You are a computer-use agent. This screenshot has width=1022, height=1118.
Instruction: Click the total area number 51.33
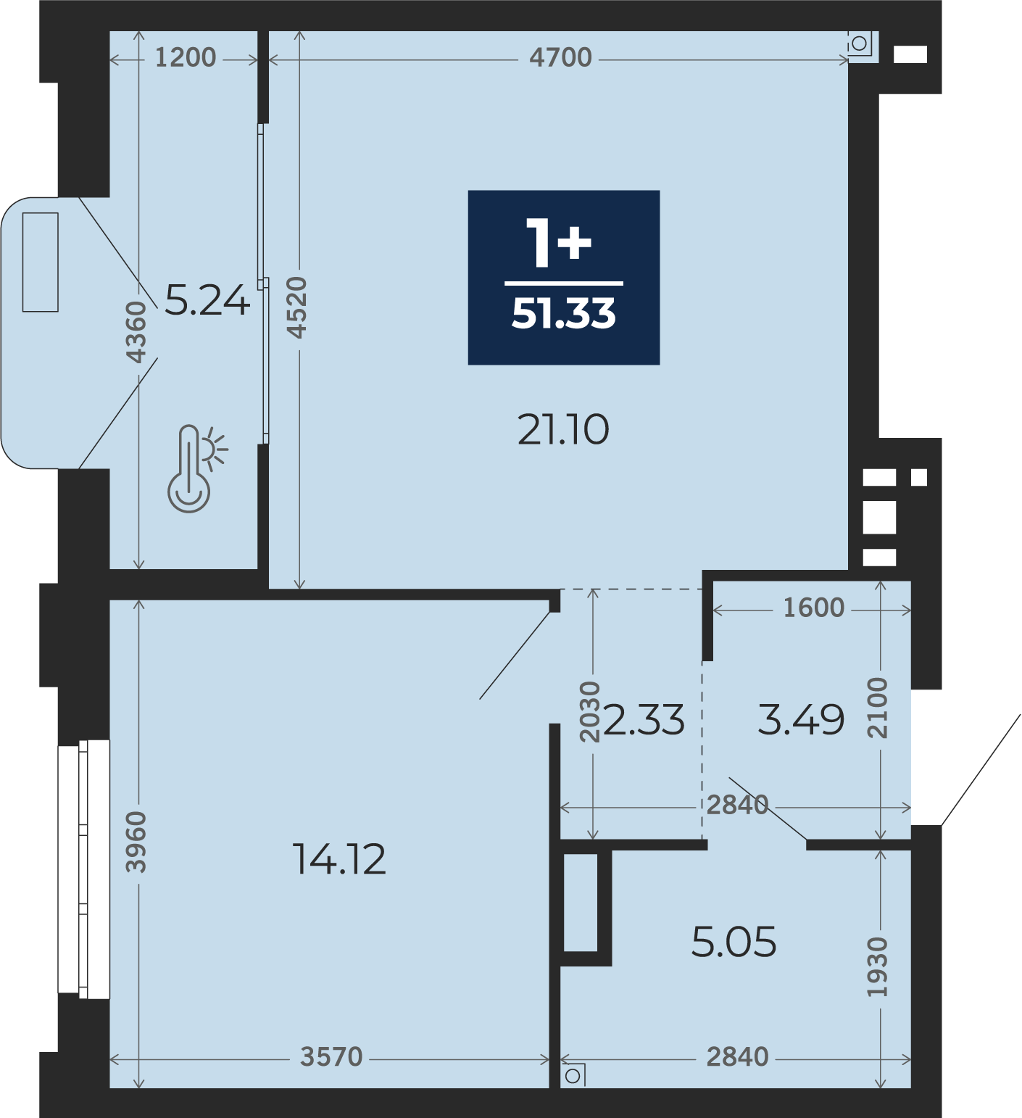click(x=563, y=314)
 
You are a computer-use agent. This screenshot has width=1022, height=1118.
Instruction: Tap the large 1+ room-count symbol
click(x=559, y=242)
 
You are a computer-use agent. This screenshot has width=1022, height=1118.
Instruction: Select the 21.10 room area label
click(x=563, y=429)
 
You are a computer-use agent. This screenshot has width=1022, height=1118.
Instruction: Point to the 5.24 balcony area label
click(x=207, y=300)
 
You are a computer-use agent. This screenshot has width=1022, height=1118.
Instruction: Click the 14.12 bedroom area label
click(x=339, y=859)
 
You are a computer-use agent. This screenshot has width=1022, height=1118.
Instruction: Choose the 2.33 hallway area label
click(x=644, y=720)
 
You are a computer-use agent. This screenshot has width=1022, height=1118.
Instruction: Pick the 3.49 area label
click(x=801, y=719)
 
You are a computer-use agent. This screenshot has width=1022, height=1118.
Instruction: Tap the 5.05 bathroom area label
click(x=734, y=942)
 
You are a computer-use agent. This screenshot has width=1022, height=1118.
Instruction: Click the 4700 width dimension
click(x=560, y=57)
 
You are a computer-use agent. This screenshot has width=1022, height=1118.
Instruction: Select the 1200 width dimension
click(x=186, y=57)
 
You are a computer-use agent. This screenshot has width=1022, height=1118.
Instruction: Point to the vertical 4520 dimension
click(x=297, y=307)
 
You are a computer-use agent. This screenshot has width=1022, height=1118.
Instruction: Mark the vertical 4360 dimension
click(x=136, y=332)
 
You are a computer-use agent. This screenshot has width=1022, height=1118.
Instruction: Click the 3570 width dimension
click(x=331, y=1057)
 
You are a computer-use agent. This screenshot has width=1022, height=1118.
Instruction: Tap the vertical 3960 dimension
click(x=136, y=842)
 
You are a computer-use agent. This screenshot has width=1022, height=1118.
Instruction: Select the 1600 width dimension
click(x=814, y=608)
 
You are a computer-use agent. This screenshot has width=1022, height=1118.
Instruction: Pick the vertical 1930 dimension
click(x=878, y=967)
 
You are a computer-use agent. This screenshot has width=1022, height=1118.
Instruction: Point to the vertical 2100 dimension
click(x=878, y=708)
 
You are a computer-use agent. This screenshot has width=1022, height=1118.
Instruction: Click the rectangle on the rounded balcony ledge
click(x=41, y=262)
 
